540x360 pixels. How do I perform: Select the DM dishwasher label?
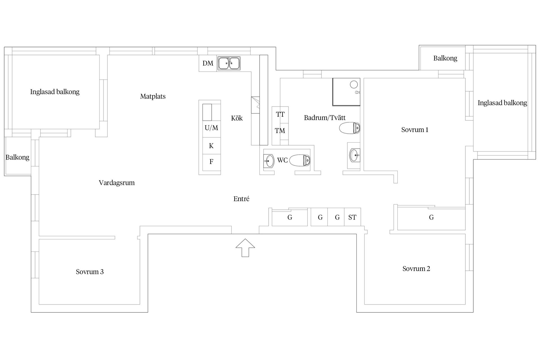pos(208,63)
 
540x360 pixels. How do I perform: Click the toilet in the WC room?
pos(300,160)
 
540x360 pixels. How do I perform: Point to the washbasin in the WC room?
pos(269,161)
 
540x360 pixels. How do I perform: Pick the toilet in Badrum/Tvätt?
pos(350,128)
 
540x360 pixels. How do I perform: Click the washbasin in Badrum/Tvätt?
pos(354,155)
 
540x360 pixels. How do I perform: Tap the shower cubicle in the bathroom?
pos(346,92)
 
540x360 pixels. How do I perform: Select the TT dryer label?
pos(280,114)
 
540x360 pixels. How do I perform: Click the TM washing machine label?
pos(280,131)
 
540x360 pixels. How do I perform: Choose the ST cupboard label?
pos(352,217)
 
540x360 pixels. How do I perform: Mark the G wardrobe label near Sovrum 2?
pos(431,217)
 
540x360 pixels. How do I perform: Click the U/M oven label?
pos(211,128)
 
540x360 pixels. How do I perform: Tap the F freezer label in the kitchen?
pos(211,162)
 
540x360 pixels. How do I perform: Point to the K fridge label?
pos(211,146)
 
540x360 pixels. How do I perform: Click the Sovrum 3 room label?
pos(90,272)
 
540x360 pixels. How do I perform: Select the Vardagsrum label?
pos(117,183)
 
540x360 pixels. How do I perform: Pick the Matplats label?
pos(153,96)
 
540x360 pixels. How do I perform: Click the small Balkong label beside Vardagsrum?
pos(17,157)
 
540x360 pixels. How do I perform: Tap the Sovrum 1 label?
pos(415,130)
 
